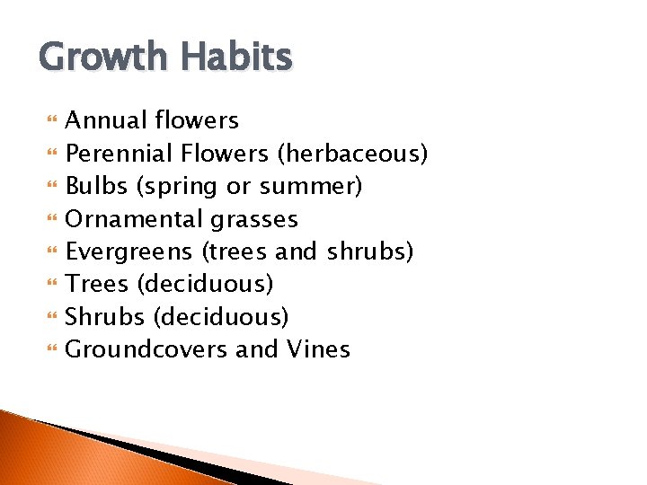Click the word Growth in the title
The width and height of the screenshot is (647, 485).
tap(102, 58)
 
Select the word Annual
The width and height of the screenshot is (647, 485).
tap(107, 120)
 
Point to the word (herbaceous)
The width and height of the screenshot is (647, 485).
tap(352, 154)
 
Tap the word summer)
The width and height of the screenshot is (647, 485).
tap(311, 186)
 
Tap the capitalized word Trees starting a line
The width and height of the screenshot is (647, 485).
tap(98, 284)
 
